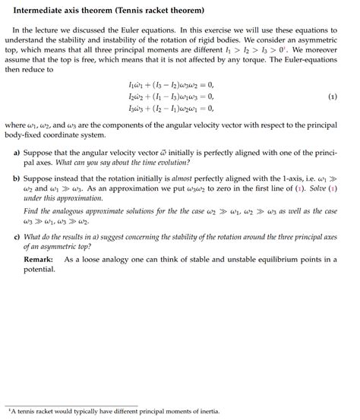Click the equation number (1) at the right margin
[333, 97]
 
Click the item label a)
[17, 153]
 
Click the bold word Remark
[38, 259]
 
